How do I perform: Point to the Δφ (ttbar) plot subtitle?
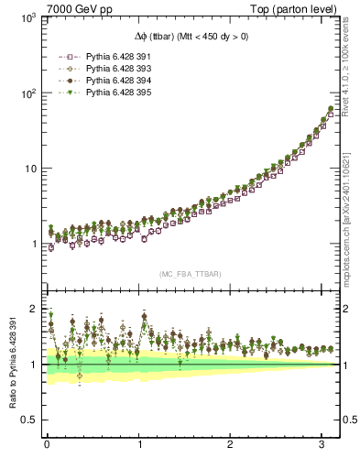click(191, 37)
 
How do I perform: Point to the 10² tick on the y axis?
click(29, 93)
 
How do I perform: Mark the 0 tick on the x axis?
click(47, 445)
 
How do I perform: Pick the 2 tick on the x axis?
click(232, 445)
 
